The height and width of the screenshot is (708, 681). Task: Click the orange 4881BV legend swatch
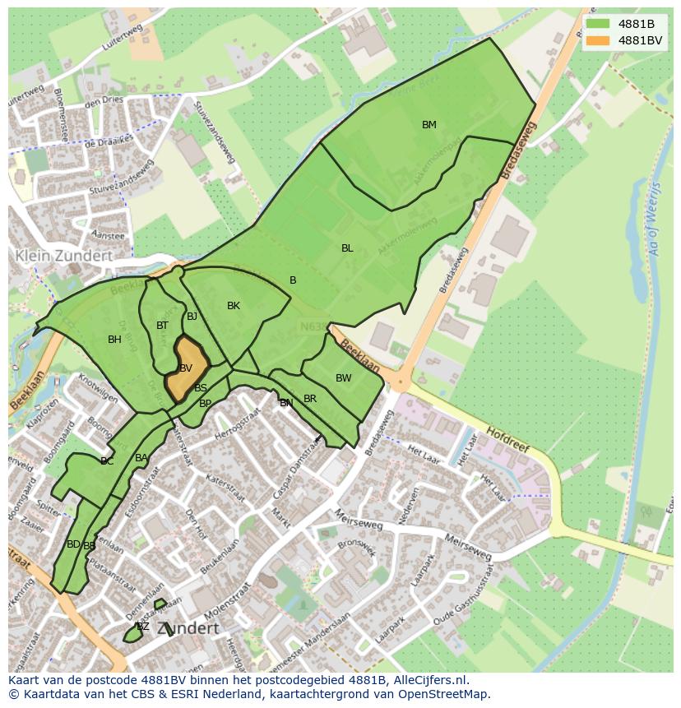598,40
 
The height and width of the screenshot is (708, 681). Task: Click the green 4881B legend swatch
598,24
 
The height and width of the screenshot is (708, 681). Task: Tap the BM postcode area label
429,125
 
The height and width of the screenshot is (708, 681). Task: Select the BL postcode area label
347,248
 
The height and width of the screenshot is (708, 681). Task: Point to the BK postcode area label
234,306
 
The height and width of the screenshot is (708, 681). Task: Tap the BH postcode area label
114,340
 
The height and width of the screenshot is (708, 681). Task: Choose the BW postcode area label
343,378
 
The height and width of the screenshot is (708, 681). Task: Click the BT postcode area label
162,326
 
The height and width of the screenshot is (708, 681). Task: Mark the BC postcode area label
107,461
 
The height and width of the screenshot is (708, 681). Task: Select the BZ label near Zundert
142,627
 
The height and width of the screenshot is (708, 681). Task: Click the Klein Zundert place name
63,256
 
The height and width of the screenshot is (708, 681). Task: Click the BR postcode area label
310,399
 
